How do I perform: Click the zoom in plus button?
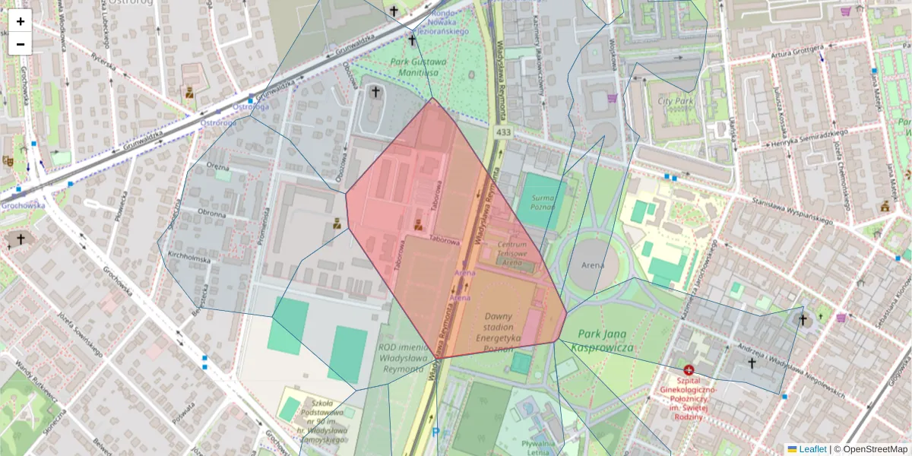point(21,21)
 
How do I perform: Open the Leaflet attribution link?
point(812,449)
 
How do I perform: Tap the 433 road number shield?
point(502,132)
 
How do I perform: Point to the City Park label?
point(676,100)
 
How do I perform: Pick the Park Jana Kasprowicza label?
point(605,340)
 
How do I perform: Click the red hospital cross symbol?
point(689,369)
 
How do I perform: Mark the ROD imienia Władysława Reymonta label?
point(401,358)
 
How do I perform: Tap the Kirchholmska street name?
point(189,259)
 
